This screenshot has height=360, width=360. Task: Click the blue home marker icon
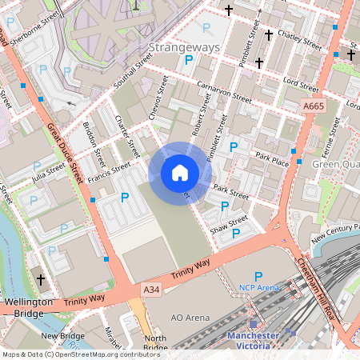180,172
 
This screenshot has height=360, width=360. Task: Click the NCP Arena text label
259,287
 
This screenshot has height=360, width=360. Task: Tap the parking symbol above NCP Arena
258,275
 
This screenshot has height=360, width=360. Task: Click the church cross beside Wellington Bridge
40,280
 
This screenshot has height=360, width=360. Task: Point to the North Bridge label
155,342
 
